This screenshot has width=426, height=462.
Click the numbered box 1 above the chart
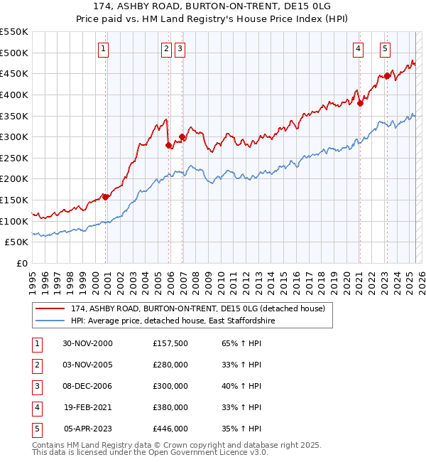tap(104, 49)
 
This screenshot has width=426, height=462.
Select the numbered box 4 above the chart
tap(359, 49)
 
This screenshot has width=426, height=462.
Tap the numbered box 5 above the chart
tap(385, 49)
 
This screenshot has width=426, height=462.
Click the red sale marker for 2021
tap(360, 103)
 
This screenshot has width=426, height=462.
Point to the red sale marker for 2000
tap(106, 197)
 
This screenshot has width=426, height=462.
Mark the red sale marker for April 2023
tap(387, 75)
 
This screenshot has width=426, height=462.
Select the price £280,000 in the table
tap(170, 365)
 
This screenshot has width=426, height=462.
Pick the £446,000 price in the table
tap(170, 429)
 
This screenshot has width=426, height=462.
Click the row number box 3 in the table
tap(36, 386)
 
